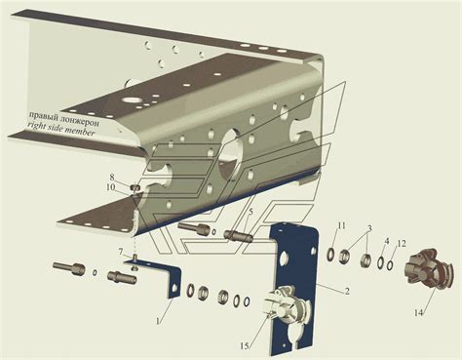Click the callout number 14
[418, 313]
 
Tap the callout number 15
[245, 346]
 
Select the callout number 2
[347, 291]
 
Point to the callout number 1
[158, 321]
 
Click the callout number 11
[341, 225]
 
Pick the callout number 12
[402, 243]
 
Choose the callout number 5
[250, 212]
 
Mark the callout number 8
[112, 178]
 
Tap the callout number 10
[110, 187]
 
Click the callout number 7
[121, 252]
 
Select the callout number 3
[368, 228]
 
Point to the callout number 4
[387, 241]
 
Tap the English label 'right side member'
[61, 128]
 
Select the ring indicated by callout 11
[330, 254]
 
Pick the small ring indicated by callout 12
[390, 264]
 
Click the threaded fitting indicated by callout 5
[238, 235]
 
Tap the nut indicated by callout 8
[135, 187]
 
